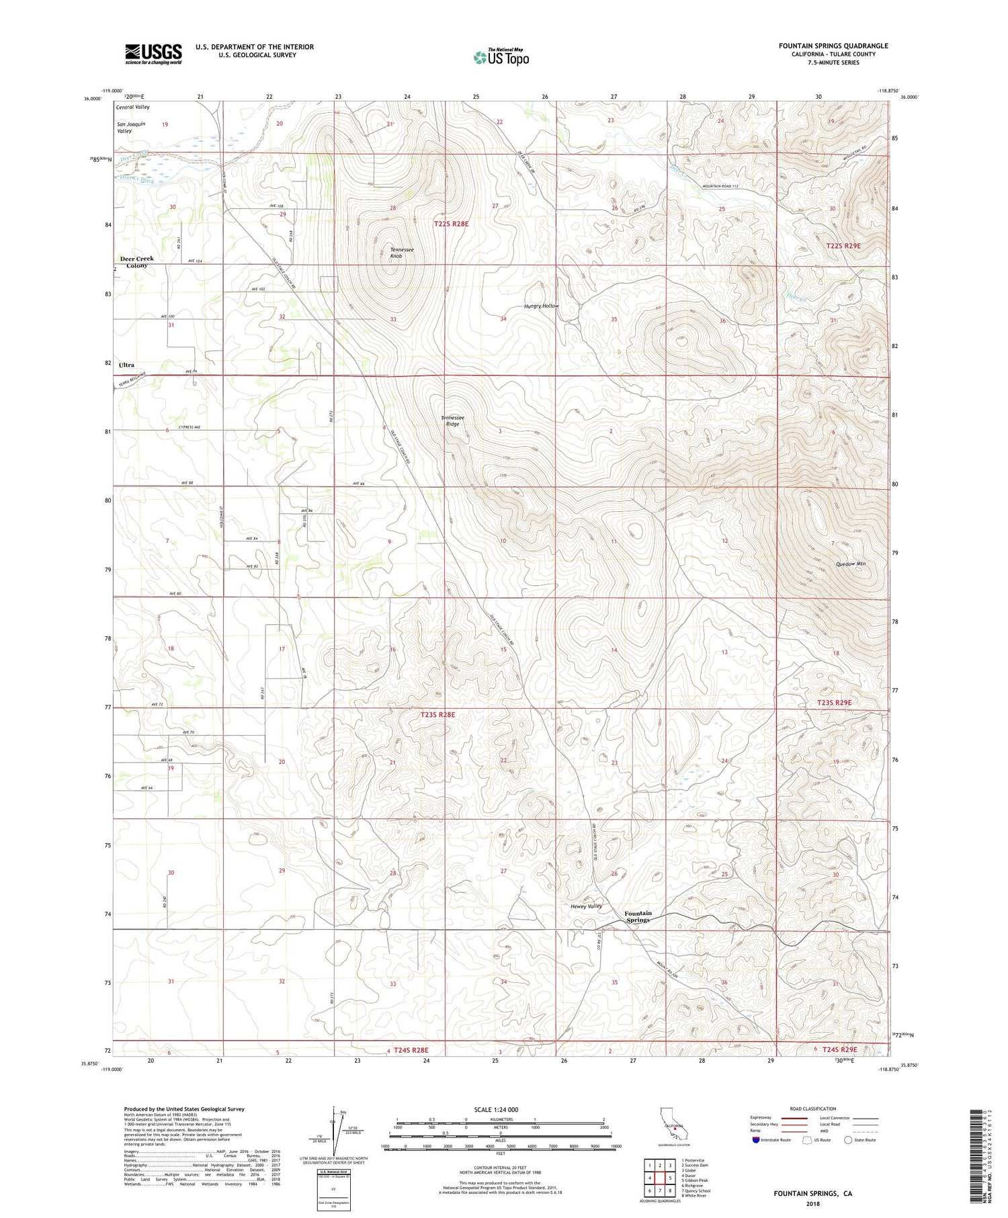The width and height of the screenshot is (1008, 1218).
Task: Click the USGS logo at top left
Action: point(153,54)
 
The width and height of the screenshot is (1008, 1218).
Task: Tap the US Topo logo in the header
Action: point(501,58)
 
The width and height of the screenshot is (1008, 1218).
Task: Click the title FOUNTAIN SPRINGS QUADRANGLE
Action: point(833,46)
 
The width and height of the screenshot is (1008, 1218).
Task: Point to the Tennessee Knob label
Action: point(402,253)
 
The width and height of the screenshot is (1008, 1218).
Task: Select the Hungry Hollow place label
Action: point(541,306)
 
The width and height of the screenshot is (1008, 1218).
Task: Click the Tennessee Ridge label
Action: point(452,421)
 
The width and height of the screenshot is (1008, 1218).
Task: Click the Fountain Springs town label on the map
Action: point(638,916)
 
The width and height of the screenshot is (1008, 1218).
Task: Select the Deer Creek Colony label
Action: point(137,262)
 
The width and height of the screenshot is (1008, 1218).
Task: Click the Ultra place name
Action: point(126,365)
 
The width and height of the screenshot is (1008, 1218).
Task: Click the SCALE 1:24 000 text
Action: point(496,1109)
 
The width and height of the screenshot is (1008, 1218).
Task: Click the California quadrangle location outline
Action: point(676,1128)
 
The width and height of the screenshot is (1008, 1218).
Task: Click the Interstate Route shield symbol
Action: point(756,1140)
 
